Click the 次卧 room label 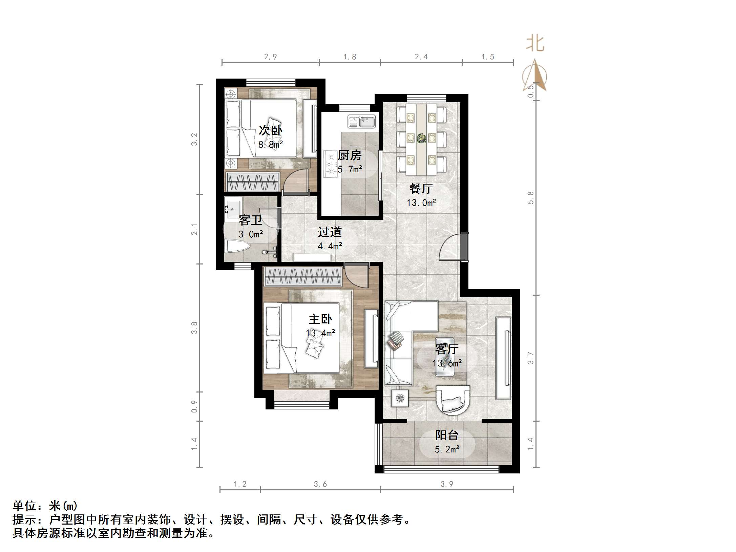(x=270, y=130)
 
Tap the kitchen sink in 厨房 (x=361, y=122)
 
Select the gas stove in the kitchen (x=329, y=164)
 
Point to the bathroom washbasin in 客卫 (x=233, y=207)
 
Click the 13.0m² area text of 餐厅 (x=421, y=203)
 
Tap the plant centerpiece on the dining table (x=421, y=138)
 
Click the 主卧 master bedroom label (x=320, y=319)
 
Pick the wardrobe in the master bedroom (x=303, y=276)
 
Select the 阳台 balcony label (x=447, y=435)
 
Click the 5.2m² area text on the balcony (x=447, y=449)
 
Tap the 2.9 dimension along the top (x=270, y=57)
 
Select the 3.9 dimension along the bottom (x=446, y=484)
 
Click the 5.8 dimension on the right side (x=531, y=198)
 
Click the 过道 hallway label (x=330, y=232)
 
